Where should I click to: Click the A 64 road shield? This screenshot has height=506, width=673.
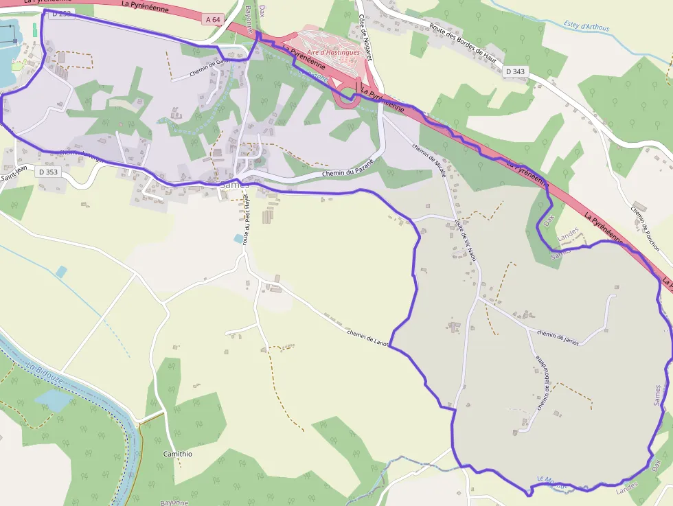click(213, 20)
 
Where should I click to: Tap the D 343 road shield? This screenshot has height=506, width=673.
click(515, 71)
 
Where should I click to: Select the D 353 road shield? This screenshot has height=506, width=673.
click(48, 172)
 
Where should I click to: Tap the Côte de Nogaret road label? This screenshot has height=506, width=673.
click(365, 38)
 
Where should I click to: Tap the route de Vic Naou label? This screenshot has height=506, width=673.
click(465, 240)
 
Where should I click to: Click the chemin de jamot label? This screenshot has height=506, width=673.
click(558, 338)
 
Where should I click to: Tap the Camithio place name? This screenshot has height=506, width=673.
click(178, 454)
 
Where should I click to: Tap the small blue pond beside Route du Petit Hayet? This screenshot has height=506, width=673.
click(238, 239)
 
